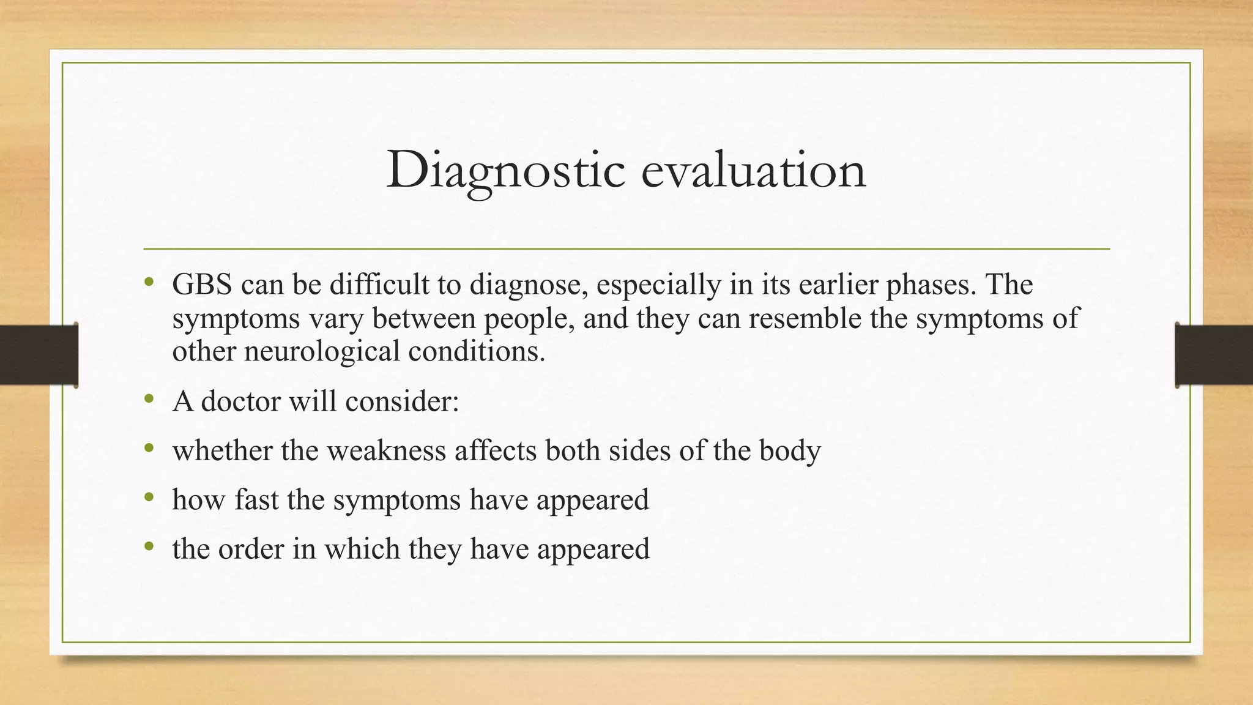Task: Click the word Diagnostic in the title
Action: (505, 170)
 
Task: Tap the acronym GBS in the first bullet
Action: (202, 285)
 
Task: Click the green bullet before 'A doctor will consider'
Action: (149, 400)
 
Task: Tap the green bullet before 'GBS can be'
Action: (149, 283)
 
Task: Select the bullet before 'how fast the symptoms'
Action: (149, 498)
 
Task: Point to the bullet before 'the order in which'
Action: (149, 546)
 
